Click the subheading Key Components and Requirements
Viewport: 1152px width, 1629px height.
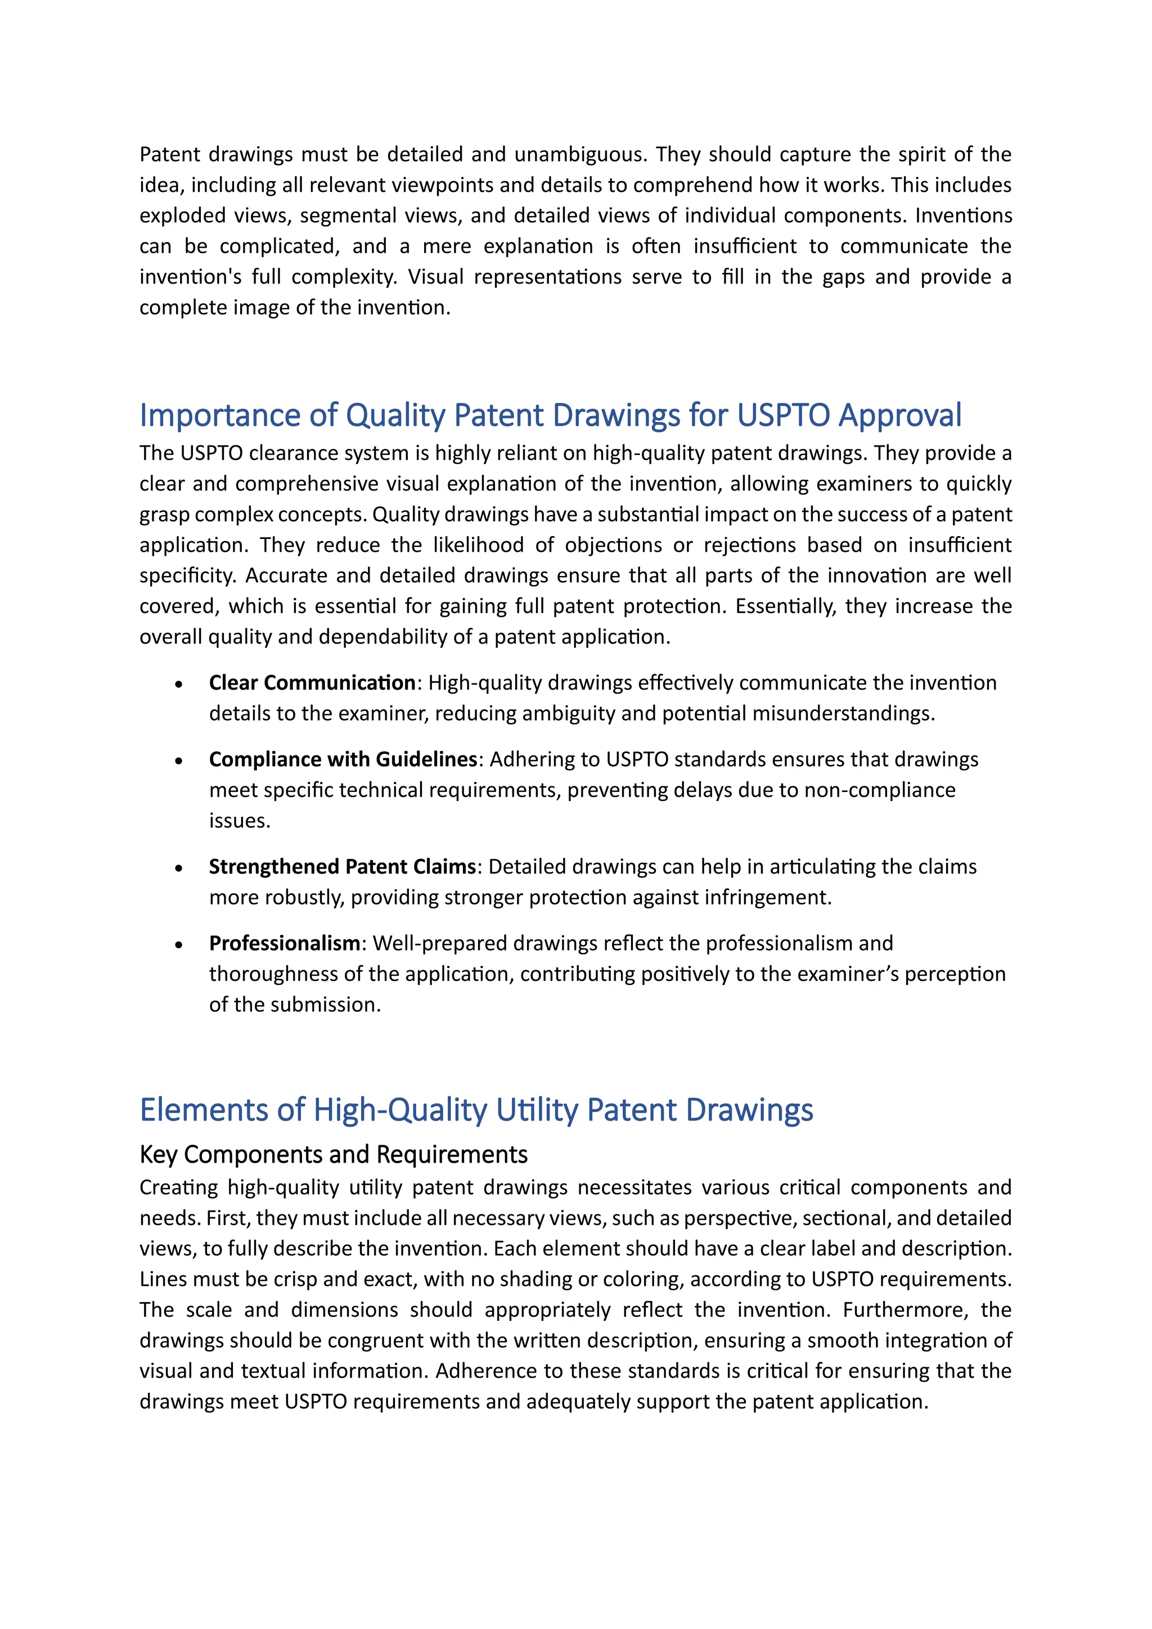click(x=334, y=1155)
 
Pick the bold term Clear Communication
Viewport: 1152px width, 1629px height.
click(x=312, y=682)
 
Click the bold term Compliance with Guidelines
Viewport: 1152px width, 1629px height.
click(x=343, y=759)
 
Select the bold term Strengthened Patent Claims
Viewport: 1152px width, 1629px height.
click(x=342, y=866)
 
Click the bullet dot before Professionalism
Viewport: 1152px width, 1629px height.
click(x=179, y=944)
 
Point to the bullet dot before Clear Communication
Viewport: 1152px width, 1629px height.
click(x=179, y=684)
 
